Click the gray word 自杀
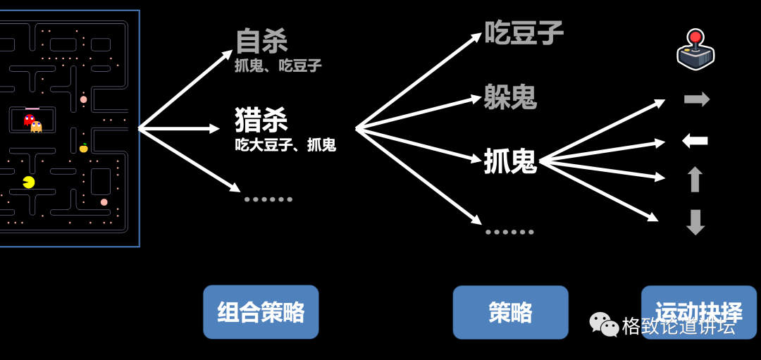[x=261, y=42]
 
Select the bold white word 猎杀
[x=261, y=120]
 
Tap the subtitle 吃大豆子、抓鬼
[x=285, y=145]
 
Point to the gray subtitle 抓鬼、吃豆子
[x=278, y=66]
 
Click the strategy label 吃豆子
[x=524, y=32]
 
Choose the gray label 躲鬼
[x=510, y=97]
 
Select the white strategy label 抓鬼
[x=510, y=162]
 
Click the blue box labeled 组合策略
[x=261, y=312]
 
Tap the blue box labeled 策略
[x=510, y=312]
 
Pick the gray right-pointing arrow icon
[x=696, y=99]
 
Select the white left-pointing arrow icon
[x=695, y=141]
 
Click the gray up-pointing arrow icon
[x=695, y=180]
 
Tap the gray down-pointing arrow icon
[x=695, y=222]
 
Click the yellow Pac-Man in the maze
[x=28, y=182]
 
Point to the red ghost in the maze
[x=29, y=120]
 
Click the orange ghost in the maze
[x=37, y=127]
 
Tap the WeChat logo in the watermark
[x=604, y=325]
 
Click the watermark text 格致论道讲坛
[x=679, y=326]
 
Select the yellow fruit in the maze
[x=84, y=148]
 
